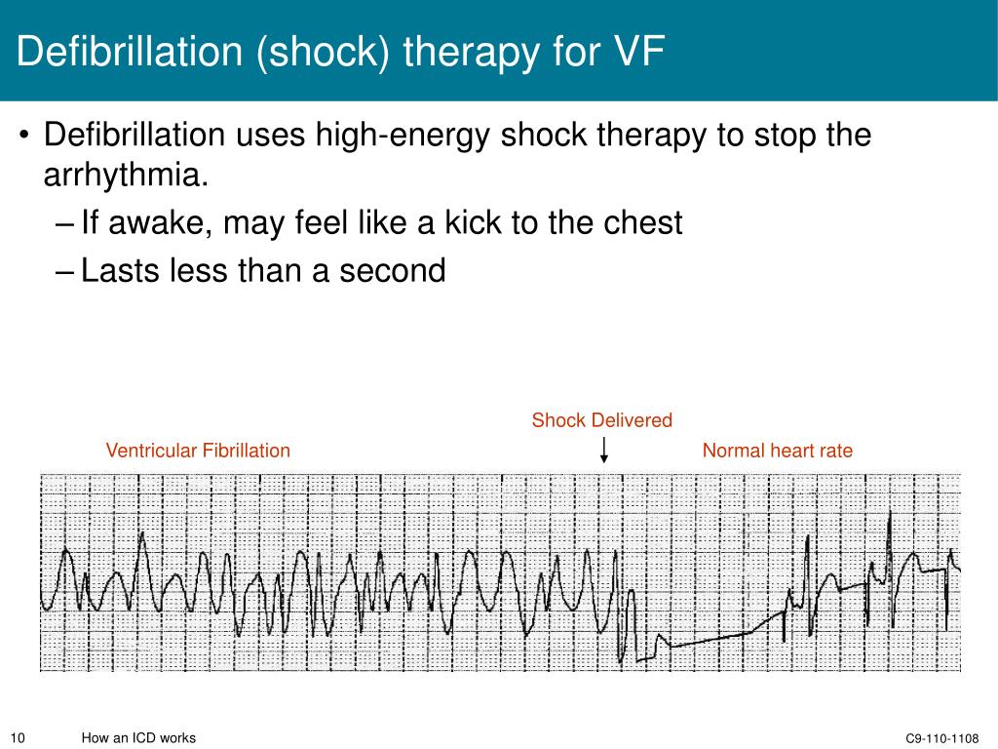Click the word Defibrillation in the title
coord(130,51)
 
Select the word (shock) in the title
coord(322,53)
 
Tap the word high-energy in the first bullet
coord(403,135)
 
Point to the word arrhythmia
coord(126,176)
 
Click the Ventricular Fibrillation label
coord(198,451)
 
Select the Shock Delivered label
coord(602,419)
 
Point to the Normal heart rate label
coord(777,451)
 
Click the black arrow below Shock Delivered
coord(604,450)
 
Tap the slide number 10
coord(18,737)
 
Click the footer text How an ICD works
coord(138,737)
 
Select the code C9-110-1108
coord(942,738)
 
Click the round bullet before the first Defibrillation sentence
coord(24,135)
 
